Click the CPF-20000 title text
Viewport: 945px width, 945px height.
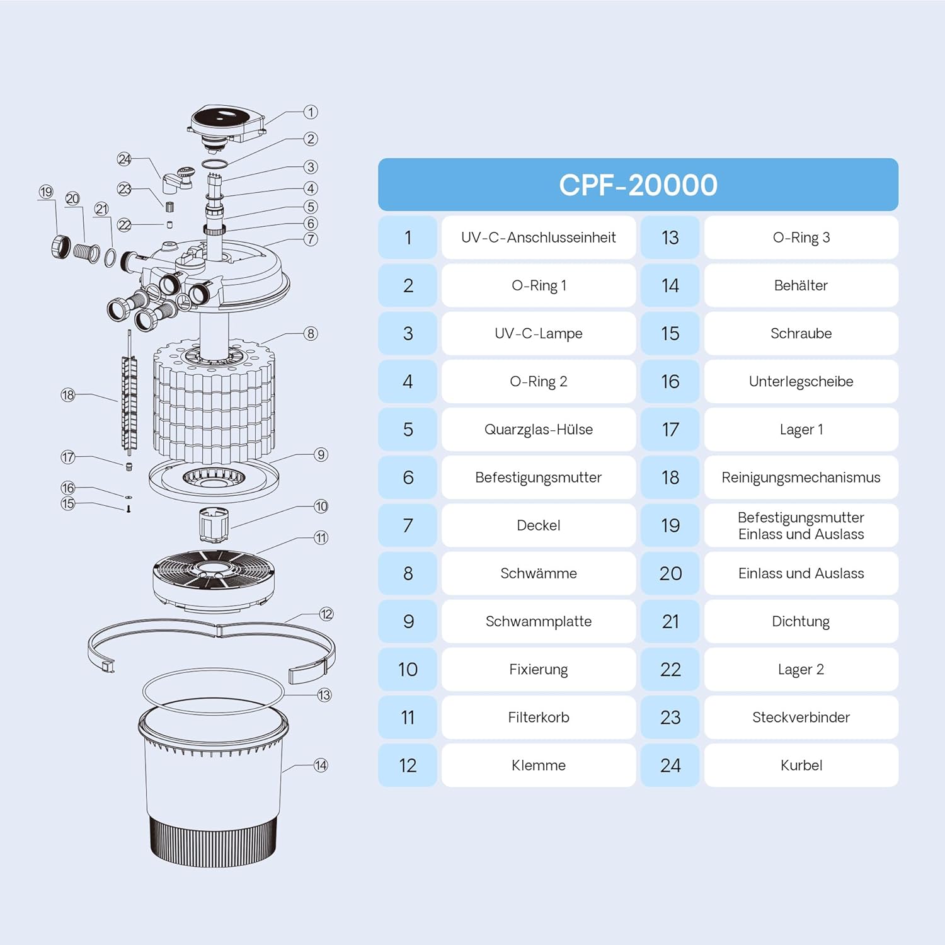click(638, 185)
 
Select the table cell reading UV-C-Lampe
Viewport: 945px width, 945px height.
click(538, 333)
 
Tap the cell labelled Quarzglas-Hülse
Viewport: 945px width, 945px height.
click(538, 429)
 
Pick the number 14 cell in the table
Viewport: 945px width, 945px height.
click(670, 285)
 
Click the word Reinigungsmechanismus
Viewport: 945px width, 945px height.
click(800, 478)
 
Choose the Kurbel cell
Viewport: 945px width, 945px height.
click(800, 765)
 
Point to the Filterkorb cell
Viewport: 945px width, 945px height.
click(538, 717)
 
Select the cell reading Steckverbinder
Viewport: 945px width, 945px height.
click(800, 717)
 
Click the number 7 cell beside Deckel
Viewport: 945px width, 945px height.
click(408, 525)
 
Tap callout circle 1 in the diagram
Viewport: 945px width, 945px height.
click(311, 112)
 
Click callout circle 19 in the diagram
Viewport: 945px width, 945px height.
click(46, 192)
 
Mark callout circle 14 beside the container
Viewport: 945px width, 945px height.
click(321, 765)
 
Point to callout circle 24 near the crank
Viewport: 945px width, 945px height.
click(124, 159)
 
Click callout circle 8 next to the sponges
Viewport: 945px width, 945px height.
click(311, 333)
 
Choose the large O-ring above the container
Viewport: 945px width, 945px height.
click(213, 691)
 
